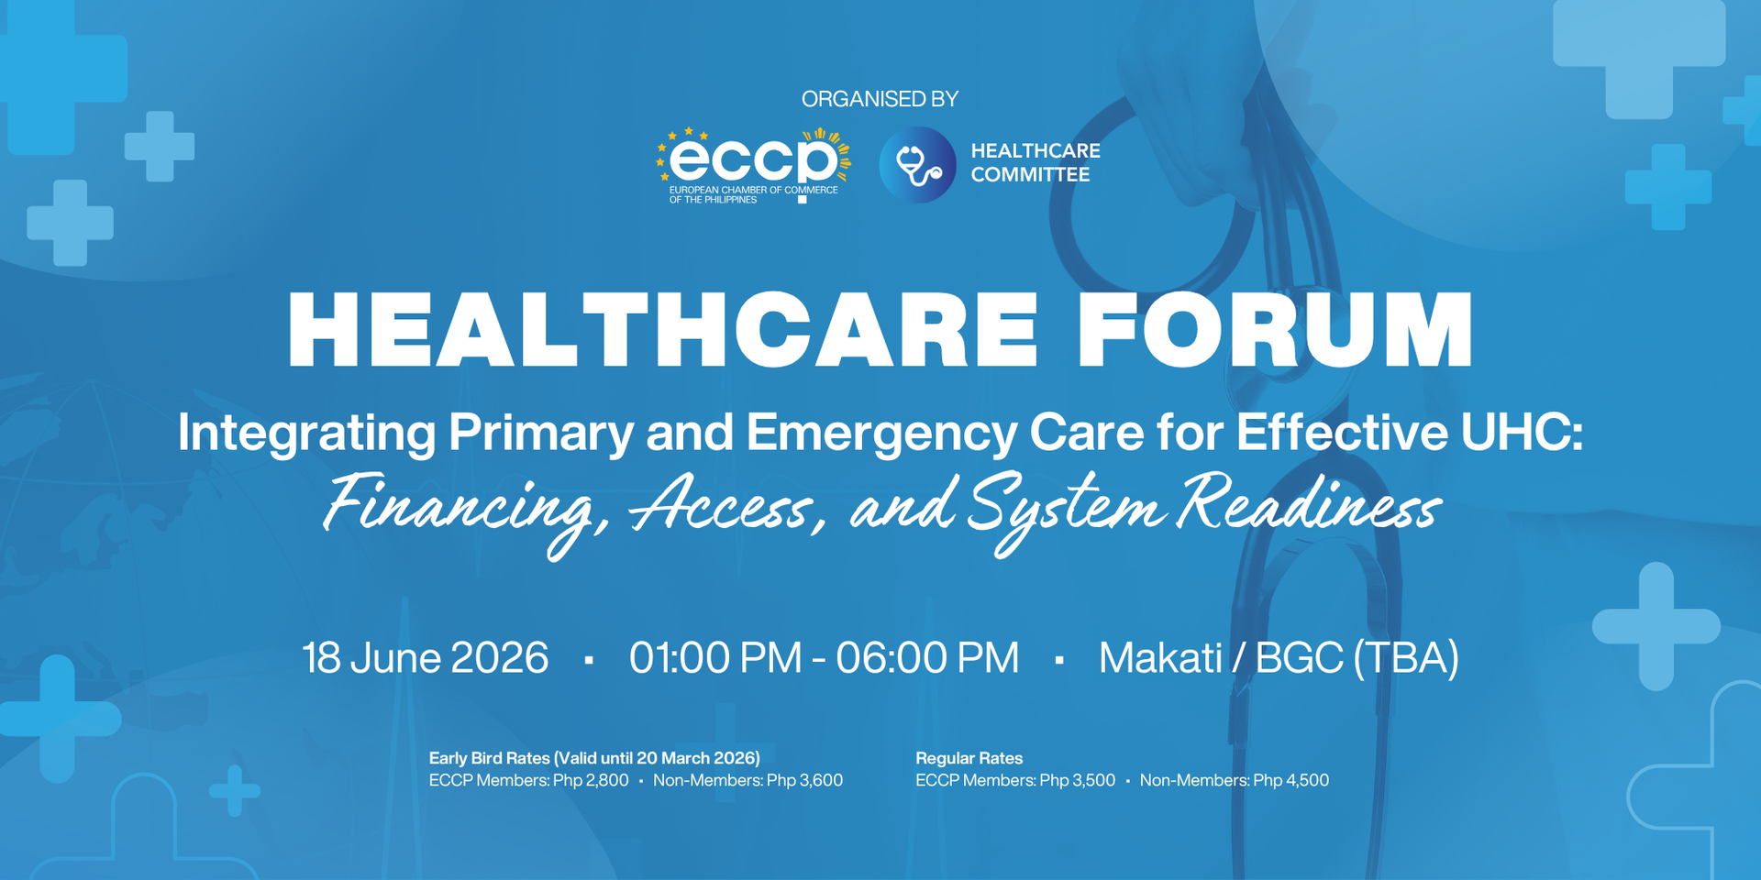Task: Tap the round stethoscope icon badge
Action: click(917, 165)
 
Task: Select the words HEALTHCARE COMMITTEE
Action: click(1035, 162)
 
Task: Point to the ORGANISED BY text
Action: click(880, 99)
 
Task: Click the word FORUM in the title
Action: click(1274, 330)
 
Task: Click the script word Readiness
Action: click(1309, 504)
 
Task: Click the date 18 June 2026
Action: click(426, 658)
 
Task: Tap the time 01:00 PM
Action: click(715, 658)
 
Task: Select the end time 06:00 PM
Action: click(927, 658)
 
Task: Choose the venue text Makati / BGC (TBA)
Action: click(1279, 658)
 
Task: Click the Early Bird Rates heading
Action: click(594, 758)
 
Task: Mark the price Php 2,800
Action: click(591, 780)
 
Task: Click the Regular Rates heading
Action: click(969, 758)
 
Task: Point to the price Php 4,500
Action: click(1290, 780)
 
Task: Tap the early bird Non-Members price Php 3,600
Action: click(804, 780)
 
